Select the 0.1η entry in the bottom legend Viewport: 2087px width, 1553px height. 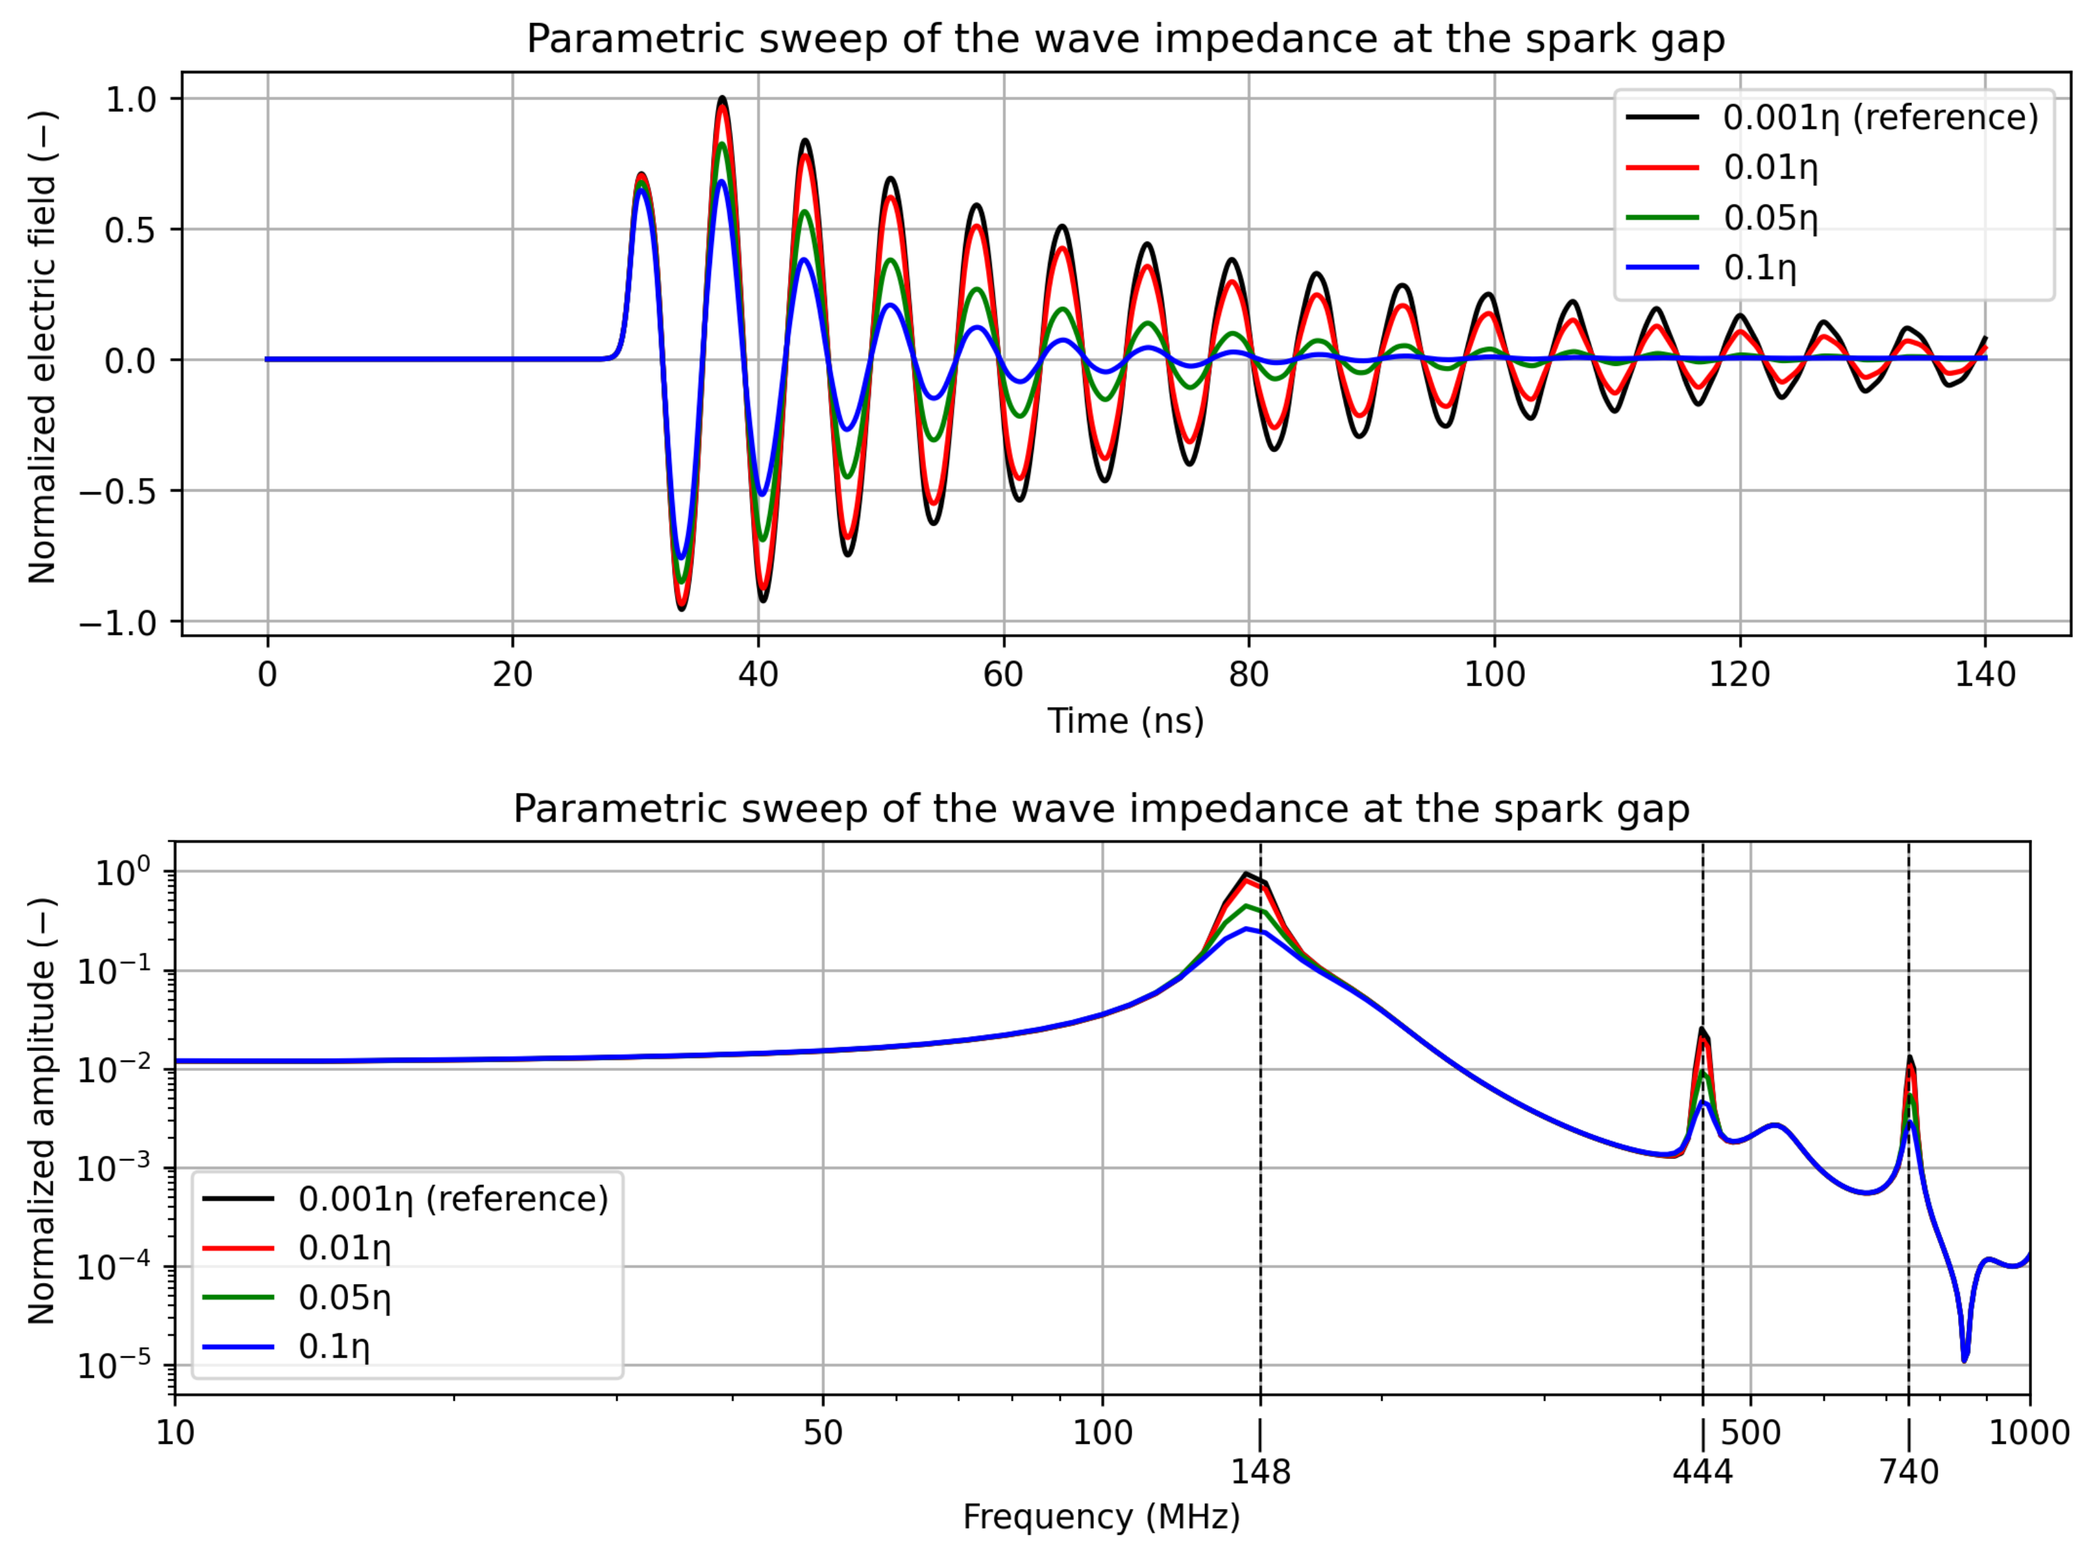(334, 1347)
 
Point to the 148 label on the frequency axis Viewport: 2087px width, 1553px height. (1261, 1471)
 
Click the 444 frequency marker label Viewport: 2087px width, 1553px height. (1701, 1471)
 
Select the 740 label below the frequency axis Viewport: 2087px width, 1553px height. (1908, 1471)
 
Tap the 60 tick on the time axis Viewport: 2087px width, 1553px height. (1003, 674)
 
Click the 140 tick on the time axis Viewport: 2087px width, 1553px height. (1985, 674)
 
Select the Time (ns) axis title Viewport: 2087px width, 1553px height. (1125, 721)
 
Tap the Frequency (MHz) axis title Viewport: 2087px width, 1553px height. (1101, 1517)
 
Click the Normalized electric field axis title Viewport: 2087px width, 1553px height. (42, 348)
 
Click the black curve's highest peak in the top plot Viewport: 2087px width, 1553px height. (722, 98)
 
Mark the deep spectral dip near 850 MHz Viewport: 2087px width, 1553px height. (1964, 1358)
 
